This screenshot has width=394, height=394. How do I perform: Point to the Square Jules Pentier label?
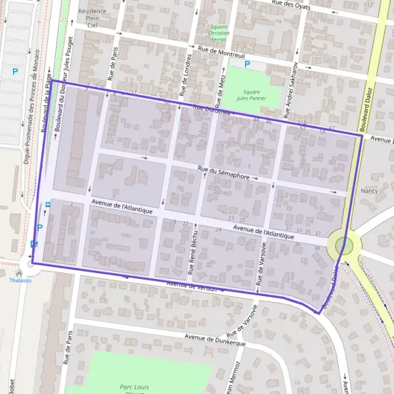click(252, 97)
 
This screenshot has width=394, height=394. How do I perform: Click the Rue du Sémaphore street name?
click(223, 174)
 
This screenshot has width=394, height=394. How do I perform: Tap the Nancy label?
click(368, 191)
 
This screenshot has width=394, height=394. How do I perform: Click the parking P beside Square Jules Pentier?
click(247, 64)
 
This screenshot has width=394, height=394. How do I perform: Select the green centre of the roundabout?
click(341, 246)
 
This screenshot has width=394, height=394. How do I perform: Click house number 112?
click(368, 5)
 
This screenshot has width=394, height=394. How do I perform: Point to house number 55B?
click(302, 123)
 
